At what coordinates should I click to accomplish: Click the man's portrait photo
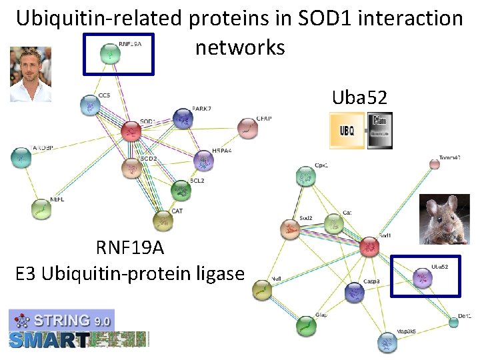(31, 74)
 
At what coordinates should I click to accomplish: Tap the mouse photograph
(444, 220)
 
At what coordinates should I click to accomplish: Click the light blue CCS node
(89, 104)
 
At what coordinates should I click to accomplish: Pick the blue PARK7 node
(182, 119)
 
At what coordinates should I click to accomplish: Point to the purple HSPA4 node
(203, 160)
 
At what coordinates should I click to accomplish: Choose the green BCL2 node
(181, 190)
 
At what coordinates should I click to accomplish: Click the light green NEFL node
(42, 209)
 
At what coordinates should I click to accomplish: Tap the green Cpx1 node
(305, 176)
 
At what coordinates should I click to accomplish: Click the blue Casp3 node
(355, 291)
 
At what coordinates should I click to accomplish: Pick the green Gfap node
(305, 325)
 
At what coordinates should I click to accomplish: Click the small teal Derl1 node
(453, 322)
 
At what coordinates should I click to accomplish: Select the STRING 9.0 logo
(61, 320)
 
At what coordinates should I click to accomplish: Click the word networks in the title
(240, 47)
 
